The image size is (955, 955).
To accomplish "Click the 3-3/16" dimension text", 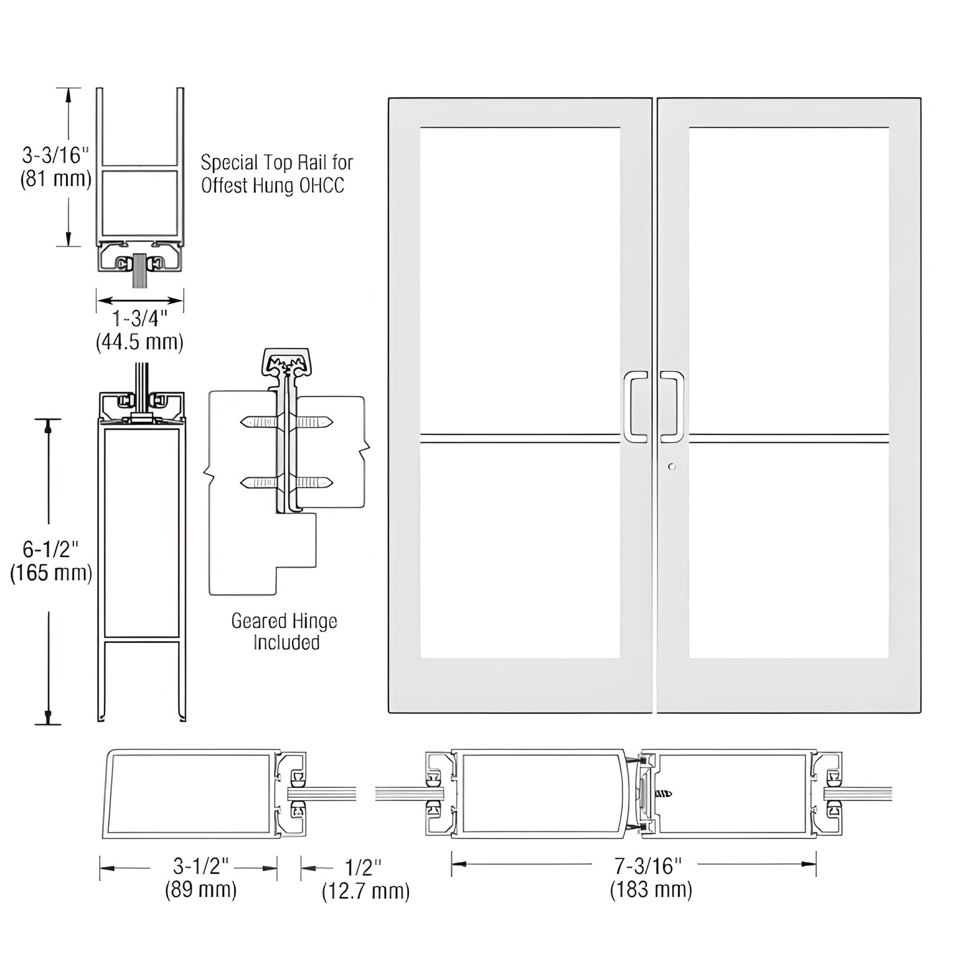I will tap(55, 155).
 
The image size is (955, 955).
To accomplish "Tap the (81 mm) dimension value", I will tap(56, 178).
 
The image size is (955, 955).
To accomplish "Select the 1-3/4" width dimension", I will tap(139, 319).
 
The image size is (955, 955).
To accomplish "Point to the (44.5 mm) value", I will tap(139, 342).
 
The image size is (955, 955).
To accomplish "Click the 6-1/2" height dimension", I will tap(51, 549).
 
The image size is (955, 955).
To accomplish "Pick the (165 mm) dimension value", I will tap(51, 572).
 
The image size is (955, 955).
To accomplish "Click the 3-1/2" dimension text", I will tap(201, 866).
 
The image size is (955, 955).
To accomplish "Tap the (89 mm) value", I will tap(201, 890).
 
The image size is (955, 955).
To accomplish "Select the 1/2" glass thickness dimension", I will tap(364, 867).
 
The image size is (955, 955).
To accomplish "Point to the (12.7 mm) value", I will tap(365, 892).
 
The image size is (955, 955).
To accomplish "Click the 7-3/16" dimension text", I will tap(650, 865).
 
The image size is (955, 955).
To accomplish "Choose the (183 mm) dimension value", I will tap(651, 890).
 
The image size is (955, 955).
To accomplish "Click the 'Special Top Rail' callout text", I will tap(276, 174).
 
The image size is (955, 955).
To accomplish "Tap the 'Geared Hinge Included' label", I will tap(285, 631).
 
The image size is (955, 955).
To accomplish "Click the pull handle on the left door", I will tap(635, 406).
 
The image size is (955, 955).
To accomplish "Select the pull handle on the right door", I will tap(672, 406).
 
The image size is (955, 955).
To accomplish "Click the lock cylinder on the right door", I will tap(672, 467).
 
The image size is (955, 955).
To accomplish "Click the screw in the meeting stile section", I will tap(663, 793).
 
